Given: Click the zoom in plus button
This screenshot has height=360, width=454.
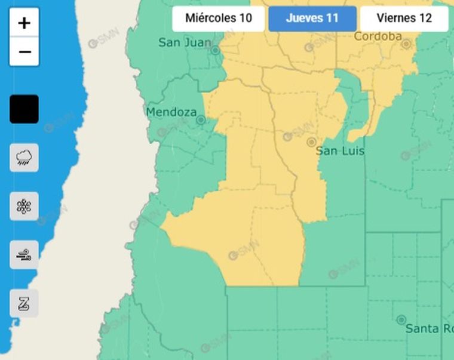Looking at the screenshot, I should click(24, 23).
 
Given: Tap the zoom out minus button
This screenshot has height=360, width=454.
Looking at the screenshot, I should click(24, 52).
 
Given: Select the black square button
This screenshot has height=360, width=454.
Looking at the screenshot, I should click(24, 109).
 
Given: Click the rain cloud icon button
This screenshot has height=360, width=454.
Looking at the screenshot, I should click(24, 158).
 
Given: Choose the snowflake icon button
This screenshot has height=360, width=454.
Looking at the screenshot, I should click(24, 207).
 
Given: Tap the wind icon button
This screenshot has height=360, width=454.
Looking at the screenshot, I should click(24, 255).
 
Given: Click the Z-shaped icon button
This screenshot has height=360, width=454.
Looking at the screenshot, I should click(24, 303).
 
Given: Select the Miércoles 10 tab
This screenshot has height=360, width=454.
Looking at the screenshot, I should click(218, 18).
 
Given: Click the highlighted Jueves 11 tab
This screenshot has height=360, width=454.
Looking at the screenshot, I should click(312, 18).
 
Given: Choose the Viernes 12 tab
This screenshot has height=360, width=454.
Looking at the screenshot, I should click(404, 18).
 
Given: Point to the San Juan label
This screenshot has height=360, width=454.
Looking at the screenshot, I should click(185, 42).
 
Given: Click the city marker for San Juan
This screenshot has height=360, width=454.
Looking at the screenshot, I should click(215, 51).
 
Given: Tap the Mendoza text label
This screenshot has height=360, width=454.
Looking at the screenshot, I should click(171, 112).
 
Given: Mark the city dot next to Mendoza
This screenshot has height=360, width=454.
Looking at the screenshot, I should click(201, 120).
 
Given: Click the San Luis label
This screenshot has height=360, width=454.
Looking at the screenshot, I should click(340, 151).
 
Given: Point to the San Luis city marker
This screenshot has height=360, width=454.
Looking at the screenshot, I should click(311, 142).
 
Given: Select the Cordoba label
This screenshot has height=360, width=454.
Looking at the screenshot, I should click(378, 36).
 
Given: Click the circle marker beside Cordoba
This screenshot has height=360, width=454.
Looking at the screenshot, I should click(407, 44).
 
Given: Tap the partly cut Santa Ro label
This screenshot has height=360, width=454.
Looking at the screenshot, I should click(430, 328).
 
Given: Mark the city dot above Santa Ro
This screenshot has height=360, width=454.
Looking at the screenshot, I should click(401, 320).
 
